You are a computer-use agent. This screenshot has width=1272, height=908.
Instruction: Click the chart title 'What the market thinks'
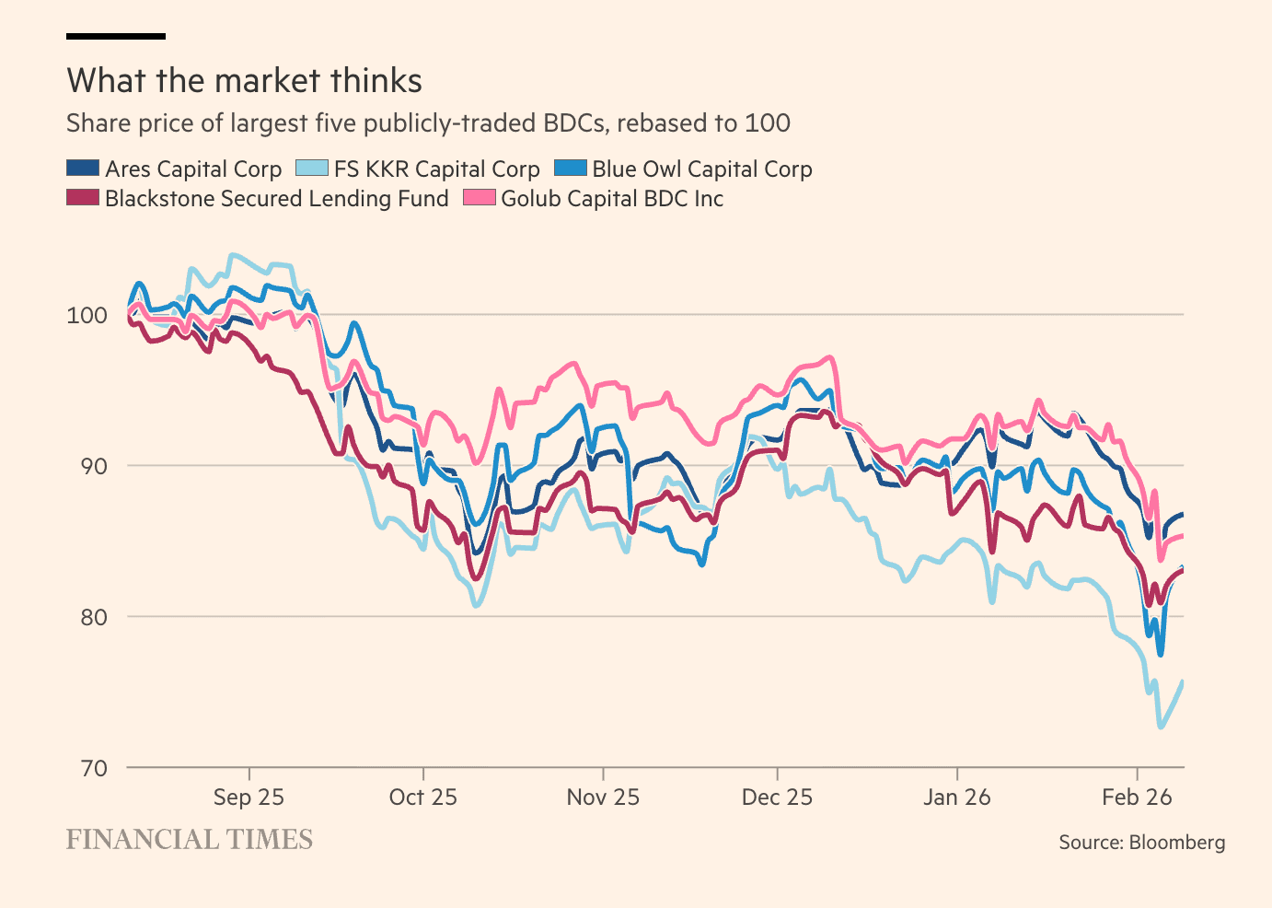coord(244,81)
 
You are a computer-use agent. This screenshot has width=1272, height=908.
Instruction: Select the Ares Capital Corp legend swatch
coord(83,169)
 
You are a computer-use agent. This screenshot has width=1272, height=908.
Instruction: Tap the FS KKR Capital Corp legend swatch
coord(311,169)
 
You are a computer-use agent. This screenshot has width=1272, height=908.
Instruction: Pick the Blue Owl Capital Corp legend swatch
coord(570,169)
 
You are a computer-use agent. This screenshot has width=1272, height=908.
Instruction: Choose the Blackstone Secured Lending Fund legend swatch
coord(83,198)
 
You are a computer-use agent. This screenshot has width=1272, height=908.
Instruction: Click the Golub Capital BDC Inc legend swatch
coord(479,198)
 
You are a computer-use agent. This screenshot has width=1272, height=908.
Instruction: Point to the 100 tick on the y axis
coord(87,315)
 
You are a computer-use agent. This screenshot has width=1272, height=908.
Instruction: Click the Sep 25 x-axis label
coord(249,797)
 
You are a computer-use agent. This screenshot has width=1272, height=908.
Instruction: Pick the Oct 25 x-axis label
coord(423,797)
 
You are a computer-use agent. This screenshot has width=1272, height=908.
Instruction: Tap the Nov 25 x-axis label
coord(603,797)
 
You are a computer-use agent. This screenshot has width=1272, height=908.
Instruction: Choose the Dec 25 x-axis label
coord(778,797)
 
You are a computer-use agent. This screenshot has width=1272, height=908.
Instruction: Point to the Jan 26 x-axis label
coord(957,797)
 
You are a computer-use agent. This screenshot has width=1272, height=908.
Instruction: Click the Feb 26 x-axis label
coord(1137,797)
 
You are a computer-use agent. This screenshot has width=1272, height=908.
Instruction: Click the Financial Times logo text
coord(190,840)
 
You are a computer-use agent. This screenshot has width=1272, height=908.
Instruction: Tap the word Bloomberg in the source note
coord(1177,843)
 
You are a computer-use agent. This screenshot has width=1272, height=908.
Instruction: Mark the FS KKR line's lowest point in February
coord(1161,728)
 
